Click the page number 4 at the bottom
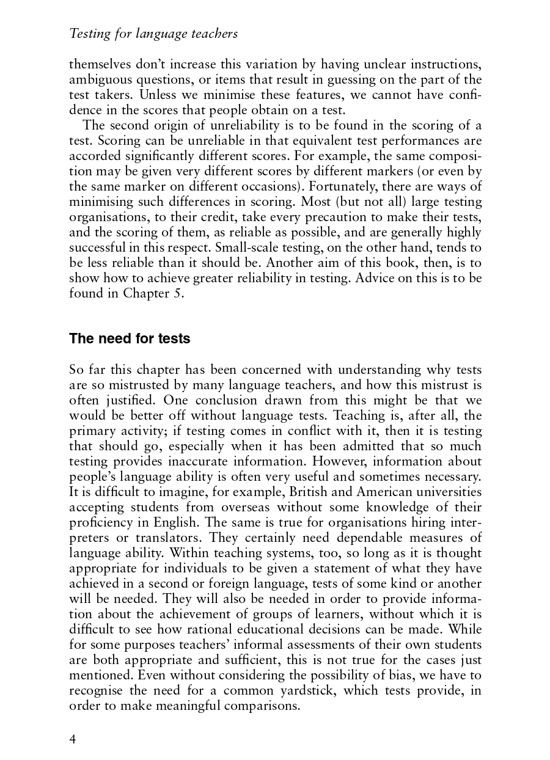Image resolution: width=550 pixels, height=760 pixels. tap(73, 740)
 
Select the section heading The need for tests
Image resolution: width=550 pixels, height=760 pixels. tap(130, 338)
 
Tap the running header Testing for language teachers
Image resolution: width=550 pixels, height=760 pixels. tap(153, 34)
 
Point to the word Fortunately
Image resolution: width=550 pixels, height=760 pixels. tap(331, 186)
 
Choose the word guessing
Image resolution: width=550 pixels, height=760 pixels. tap(351, 79)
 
